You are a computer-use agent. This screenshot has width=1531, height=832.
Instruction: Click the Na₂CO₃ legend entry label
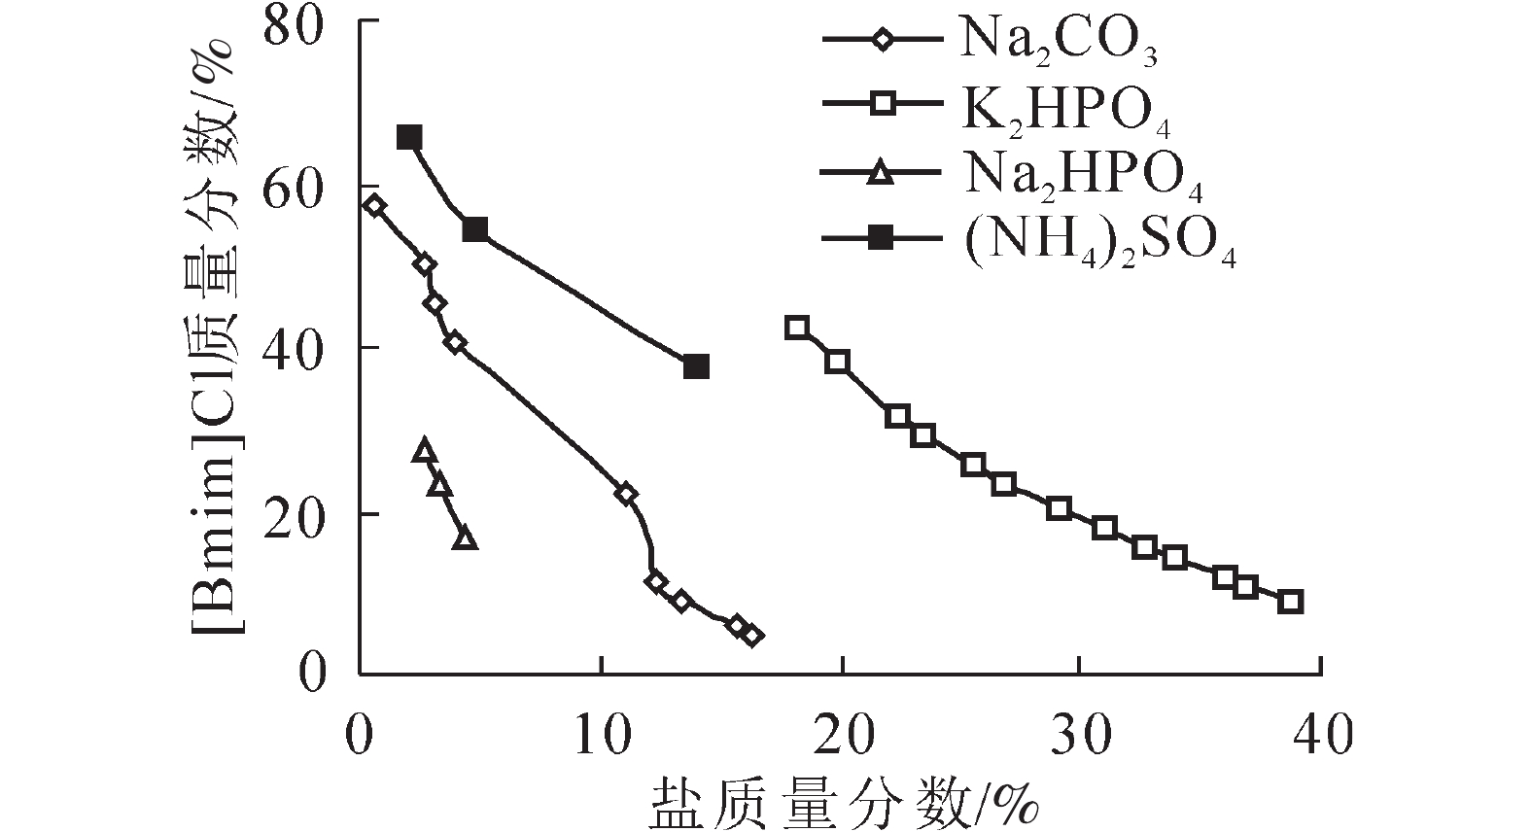click(1058, 44)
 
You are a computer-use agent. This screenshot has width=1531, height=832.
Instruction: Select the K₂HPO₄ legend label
click(1064, 109)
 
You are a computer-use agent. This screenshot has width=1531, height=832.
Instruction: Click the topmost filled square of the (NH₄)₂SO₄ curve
click(409, 137)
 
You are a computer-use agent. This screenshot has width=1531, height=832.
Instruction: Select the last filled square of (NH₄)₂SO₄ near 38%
click(696, 366)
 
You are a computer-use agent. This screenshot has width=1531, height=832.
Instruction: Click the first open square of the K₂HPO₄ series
click(797, 327)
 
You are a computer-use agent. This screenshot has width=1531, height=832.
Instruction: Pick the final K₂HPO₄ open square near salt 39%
click(1291, 601)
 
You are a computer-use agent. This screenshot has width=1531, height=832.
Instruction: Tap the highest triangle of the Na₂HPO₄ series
click(424, 450)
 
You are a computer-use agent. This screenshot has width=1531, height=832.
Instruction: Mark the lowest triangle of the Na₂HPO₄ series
click(466, 537)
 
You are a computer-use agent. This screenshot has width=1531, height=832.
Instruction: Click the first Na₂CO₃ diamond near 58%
click(374, 205)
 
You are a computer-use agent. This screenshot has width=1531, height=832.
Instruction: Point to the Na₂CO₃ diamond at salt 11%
click(626, 494)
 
